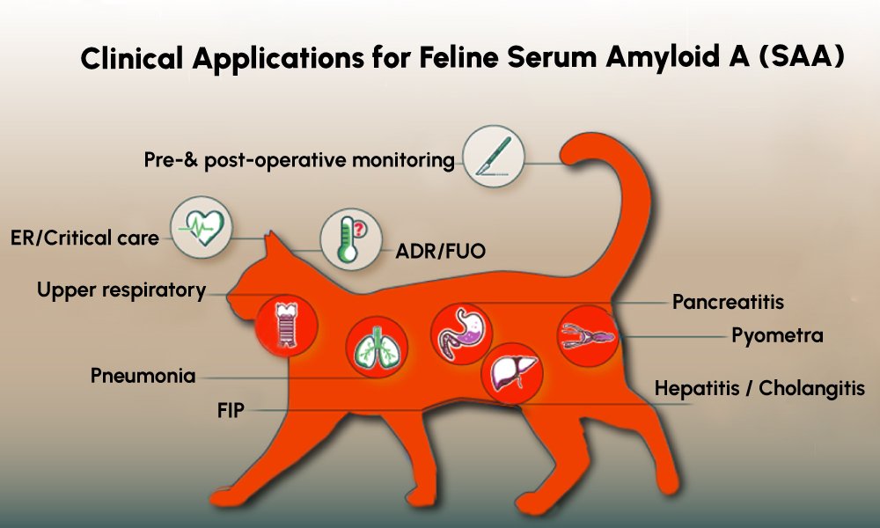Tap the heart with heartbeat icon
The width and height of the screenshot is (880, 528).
click(x=202, y=229)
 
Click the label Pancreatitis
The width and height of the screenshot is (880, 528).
click(x=728, y=303)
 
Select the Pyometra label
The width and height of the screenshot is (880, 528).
click(x=777, y=335)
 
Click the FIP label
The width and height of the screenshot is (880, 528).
click(x=232, y=410)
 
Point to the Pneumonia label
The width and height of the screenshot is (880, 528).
click(x=143, y=376)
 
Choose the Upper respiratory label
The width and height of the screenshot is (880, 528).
click(x=121, y=290)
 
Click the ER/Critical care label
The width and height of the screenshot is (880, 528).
click(x=84, y=238)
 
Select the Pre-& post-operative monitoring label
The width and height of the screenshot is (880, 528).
click(x=299, y=161)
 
